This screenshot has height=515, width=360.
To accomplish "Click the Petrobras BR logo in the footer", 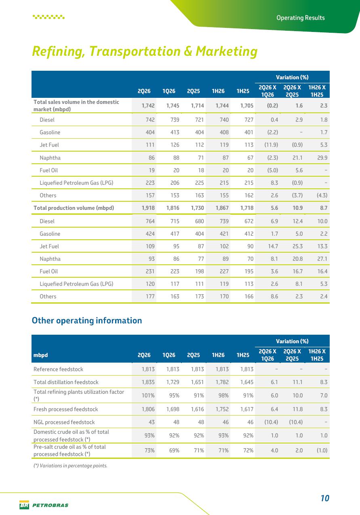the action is tap(24, 505).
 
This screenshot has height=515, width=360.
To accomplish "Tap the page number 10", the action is tap(325, 498).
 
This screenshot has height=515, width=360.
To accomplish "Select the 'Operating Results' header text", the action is tap(301, 18).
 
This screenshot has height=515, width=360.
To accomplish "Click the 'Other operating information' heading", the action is tap(87, 321).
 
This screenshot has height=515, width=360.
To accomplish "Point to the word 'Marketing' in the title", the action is tap(227, 51).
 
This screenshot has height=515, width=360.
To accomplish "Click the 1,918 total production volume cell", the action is tap(148, 208).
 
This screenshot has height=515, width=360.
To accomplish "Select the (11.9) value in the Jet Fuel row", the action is tap(271, 145).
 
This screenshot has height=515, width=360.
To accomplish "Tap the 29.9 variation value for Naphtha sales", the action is tap(322, 158).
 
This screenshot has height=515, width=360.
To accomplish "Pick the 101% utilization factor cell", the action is tap(148, 395).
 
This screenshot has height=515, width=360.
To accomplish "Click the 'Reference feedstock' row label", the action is tap(58, 369).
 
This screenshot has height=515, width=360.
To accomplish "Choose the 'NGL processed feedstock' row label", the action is tap(64, 422).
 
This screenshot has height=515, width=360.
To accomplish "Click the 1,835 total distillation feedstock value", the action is tap(148, 382).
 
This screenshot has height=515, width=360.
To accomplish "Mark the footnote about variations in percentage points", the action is tap(71, 466).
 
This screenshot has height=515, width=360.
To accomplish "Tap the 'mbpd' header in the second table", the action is tap(41, 355).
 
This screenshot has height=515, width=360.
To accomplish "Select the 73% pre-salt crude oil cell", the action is tap(149, 450).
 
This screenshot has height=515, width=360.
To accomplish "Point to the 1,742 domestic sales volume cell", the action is tap(148, 106).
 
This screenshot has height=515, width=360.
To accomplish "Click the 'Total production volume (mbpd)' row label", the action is tap(74, 208).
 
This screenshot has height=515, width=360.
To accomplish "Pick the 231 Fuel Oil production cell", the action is tap(150, 271).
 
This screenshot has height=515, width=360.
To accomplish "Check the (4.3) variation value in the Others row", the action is tap(322, 195).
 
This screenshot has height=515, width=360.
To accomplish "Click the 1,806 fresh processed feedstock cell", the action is tap(148, 409).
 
